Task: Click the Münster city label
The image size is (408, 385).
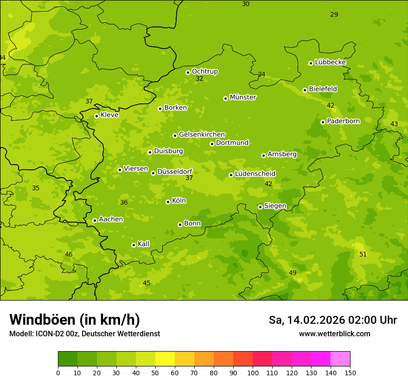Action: click(242, 97)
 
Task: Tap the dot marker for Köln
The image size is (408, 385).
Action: click(168, 202)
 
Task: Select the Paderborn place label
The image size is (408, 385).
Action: click(343, 121)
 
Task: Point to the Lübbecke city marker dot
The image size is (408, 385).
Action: click(311, 63)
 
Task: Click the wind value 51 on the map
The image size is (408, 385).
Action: click(363, 254)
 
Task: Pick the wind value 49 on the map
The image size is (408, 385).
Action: click(293, 273)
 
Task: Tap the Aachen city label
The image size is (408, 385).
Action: click(111, 219)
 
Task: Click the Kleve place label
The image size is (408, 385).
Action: click(109, 115)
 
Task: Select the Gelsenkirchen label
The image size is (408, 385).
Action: click(202, 135)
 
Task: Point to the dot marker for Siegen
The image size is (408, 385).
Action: click(260, 207)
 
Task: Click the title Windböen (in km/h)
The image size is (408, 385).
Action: click(75, 320)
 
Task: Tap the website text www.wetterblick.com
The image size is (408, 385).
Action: click(334, 334)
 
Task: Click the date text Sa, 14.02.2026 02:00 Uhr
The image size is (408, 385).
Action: click(332, 320)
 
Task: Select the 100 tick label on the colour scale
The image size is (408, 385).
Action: click(253, 372)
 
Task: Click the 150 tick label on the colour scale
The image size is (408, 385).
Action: click(350, 372)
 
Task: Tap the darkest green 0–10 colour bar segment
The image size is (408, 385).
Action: click(68, 359)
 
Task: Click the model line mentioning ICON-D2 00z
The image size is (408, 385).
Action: click(84, 334)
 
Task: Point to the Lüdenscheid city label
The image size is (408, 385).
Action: click(255, 174)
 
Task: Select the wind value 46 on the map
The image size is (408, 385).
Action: click(69, 254)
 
